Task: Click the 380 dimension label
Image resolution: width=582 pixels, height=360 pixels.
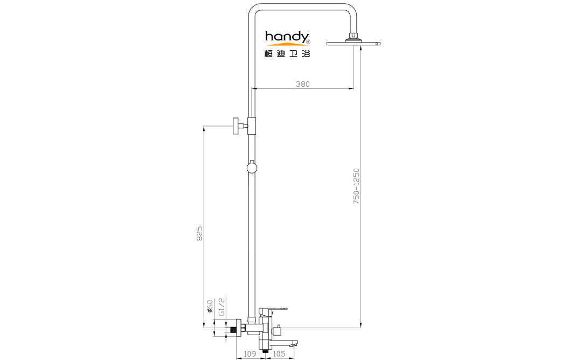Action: [x=302, y=84]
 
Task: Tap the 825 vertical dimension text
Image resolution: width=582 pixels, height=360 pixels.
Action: [x=200, y=233]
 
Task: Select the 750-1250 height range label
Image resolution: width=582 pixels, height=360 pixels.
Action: [x=356, y=186]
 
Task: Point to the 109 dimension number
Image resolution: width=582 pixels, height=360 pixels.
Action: [x=250, y=354]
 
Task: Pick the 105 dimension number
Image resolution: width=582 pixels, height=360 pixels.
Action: [x=279, y=354]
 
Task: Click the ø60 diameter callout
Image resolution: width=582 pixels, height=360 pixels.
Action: [x=210, y=306]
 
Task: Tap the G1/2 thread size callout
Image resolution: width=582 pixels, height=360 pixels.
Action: [x=221, y=307]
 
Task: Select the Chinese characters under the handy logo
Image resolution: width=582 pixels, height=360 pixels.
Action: [x=287, y=53]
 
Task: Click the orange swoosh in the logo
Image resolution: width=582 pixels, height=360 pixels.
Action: [x=287, y=44]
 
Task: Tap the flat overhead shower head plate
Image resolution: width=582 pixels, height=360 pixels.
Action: [x=354, y=44]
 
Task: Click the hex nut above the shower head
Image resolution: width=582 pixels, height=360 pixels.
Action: [x=353, y=36]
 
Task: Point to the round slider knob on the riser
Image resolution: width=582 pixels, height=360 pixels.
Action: [x=252, y=168]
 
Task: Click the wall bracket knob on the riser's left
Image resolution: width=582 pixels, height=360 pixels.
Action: [x=236, y=126]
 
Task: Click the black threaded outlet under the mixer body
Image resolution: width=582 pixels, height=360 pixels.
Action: [x=265, y=350]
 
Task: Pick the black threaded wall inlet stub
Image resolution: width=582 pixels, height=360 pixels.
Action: [x=233, y=329]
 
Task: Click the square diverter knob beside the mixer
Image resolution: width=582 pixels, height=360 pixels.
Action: [x=276, y=330]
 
